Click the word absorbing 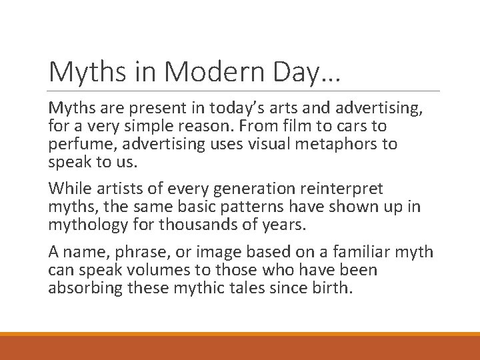click(x=86, y=288)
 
